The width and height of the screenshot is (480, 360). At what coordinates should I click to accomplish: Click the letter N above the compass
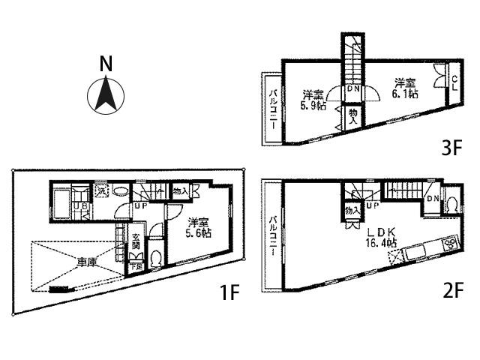pos(106,64)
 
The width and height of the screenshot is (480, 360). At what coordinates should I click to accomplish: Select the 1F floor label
pos(229,292)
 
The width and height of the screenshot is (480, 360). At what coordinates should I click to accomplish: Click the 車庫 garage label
pos(85,262)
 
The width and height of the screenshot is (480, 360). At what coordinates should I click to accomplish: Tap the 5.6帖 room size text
pos(199,233)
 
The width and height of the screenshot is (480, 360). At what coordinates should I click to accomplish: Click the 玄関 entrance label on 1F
pos(136,241)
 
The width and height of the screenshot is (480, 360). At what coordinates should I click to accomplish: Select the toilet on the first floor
pos(154,259)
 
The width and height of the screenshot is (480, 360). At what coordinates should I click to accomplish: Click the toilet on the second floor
pos(452,204)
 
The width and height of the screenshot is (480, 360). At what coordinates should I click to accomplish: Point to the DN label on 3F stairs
pos(352,88)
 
